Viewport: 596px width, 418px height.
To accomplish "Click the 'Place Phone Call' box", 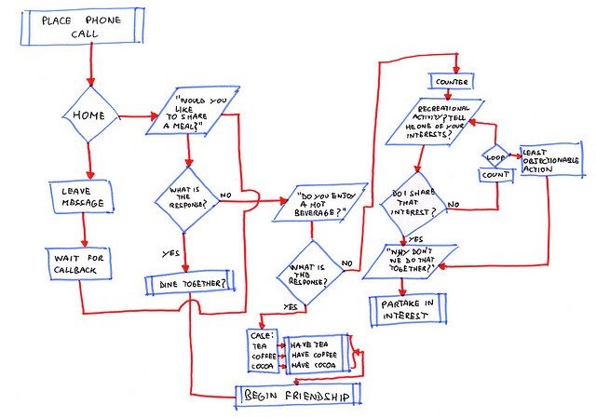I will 82,26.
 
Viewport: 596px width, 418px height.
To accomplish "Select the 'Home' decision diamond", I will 90,116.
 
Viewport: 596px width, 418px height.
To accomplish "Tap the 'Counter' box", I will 452,81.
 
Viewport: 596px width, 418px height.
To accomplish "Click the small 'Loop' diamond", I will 494,154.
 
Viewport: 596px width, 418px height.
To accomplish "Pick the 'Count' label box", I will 494,174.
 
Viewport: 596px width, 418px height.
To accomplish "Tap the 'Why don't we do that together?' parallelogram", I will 407,262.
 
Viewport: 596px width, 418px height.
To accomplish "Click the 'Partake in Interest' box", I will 407,310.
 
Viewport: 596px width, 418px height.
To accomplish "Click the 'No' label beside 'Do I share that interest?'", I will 454,205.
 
